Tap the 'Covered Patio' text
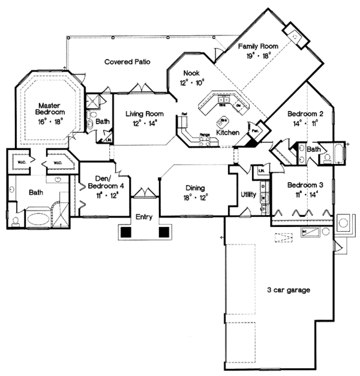[127, 61]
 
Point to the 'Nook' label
[191, 73]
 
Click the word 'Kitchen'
[227, 132]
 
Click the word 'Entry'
[144, 217]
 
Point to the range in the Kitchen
[205, 139]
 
